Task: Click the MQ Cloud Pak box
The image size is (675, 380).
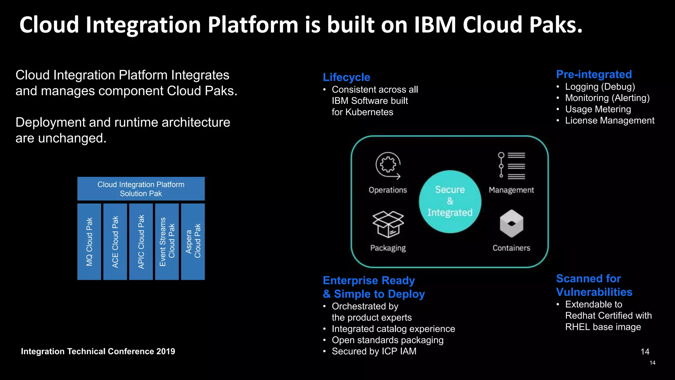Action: pos(89,241)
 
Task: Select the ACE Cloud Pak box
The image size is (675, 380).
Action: pos(115,241)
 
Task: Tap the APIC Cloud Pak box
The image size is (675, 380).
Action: pos(141,241)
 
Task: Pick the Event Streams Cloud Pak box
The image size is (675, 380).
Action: pos(167,241)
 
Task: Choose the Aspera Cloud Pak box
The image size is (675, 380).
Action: pos(193,241)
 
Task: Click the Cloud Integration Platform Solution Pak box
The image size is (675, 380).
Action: pos(141,189)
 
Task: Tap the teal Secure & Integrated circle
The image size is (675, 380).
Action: pos(450,201)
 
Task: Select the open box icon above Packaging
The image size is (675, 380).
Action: pos(388,224)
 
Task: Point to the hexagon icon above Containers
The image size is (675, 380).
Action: pos(511,224)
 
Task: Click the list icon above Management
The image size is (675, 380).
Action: pos(512,165)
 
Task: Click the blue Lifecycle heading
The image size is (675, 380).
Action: pos(346,77)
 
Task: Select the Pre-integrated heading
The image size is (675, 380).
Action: pos(594,74)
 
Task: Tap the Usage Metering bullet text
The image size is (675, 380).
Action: pos(598,109)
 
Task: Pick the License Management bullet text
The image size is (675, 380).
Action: pos(609,120)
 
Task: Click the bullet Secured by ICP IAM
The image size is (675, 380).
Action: pos(374,351)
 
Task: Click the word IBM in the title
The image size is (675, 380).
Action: pos(435,25)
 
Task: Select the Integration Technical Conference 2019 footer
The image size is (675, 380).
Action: pos(98,351)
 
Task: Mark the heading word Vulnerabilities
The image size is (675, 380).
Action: pos(594,292)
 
